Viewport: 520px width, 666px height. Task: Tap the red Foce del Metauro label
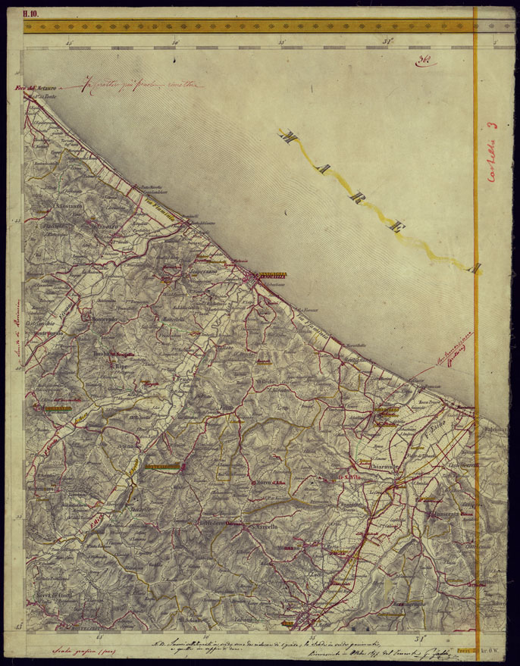click(34, 91)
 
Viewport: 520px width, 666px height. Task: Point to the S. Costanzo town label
click(68, 205)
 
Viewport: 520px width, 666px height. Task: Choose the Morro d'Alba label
click(271, 483)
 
